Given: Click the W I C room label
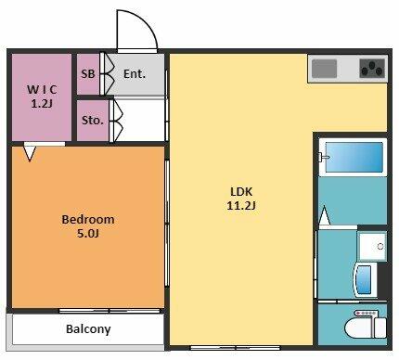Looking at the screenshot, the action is [x=42, y=90].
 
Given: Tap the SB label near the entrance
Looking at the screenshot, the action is [x=88, y=74].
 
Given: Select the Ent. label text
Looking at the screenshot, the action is [x=135, y=74].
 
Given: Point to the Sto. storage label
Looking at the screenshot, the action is [x=93, y=120].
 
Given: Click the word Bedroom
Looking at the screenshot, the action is [x=88, y=219].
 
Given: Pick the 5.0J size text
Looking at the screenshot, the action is [x=88, y=233].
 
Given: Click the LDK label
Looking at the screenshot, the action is [x=241, y=191].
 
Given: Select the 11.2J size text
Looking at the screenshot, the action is [x=241, y=205].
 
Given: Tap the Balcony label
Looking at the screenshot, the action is [x=88, y=329].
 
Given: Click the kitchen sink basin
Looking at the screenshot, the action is [x=324, y=69].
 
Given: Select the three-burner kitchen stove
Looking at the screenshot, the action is [x=372, y=69].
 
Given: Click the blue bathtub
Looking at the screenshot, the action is [x=354, y=158].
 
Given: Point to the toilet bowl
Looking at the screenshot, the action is [x=360, y=328].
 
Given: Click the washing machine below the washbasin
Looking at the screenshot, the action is [x=365, y=279].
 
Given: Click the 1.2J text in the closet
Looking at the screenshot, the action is [x=42, y=104].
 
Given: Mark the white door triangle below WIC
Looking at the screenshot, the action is [x=30, y=154].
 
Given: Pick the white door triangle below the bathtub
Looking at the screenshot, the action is [x=324, y=215].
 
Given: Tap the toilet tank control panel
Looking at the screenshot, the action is [x=366, y=314].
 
